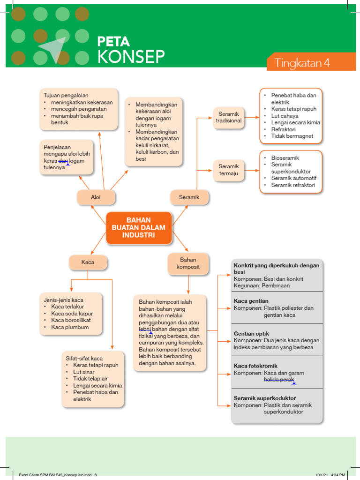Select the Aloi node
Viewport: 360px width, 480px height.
(x=96, y=197)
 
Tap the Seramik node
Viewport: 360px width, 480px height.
(x=189, y=197)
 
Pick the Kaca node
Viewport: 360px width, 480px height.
(x=88, y=262)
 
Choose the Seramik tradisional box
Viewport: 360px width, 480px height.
(x=229, y=117)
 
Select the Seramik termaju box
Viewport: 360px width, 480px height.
(x=229, y=170)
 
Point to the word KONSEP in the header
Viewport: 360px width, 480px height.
(x=131, y=57)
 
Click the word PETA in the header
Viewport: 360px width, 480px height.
(x=113, y=41)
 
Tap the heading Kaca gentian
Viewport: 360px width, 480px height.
(x=251, y=301)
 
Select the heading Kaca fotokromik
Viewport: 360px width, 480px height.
(x=256, y=366)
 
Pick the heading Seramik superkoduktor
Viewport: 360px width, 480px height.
(x=265, y=398)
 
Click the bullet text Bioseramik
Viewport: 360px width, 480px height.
(x=285, y=158)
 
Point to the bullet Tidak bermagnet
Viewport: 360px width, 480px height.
(x=292, y=136)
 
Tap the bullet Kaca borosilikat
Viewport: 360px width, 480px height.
(x=71, y=320)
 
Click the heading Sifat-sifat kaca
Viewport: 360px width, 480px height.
(x=84, y=358)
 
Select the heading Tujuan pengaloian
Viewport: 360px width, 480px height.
(x=66, y=95)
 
